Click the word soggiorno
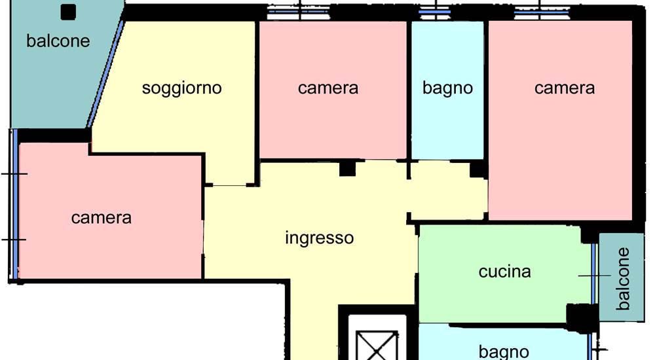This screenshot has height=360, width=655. [x=181, y=88]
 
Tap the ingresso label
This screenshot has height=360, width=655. [x=320, y=238]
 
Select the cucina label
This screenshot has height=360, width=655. [x=504, y=272]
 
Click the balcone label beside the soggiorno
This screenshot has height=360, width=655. [x=58, y=41]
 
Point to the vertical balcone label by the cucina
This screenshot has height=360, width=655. [x=623, y=279]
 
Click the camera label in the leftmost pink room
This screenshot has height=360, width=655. [x=101, y=217]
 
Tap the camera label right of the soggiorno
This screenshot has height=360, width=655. [x=328, y=88]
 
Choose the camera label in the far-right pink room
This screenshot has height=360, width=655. [x=565, y=88]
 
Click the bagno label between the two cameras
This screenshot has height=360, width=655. [x=447, y=88]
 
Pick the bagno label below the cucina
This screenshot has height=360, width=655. [x=504, y=351]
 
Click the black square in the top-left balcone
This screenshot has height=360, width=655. [x=68, y=12]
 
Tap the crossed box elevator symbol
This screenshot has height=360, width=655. [x=377, y=346]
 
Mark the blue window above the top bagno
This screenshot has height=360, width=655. [x=435, y=12]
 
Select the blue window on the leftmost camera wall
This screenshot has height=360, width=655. [x=14, y=204]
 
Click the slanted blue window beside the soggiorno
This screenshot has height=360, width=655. [x=105, y=74]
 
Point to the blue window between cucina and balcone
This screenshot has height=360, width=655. [x=593, y=274]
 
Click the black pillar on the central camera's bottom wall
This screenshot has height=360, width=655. [x=347, y=168]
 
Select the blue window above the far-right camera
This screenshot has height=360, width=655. [x=542, y=12]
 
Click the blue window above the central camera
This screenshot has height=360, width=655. [x=298, y=12]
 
